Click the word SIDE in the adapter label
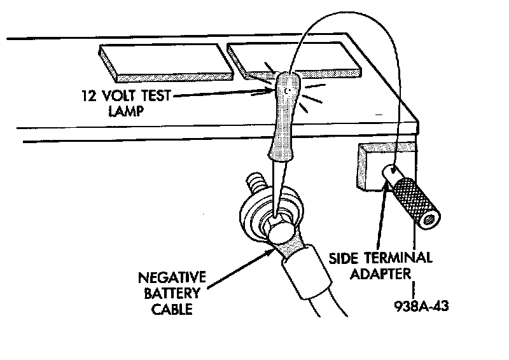(x=344, y=259)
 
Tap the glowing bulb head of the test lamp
(x=288, y=89)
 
